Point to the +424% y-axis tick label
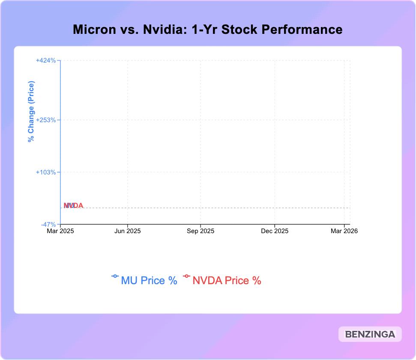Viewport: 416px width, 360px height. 46,60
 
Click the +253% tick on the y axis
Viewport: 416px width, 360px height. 46,120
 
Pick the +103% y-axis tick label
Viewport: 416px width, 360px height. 46,172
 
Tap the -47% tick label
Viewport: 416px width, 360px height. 48,225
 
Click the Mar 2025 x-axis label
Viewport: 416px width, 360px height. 60,231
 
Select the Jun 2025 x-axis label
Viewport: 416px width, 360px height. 128,231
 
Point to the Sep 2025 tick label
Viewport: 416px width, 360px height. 201,231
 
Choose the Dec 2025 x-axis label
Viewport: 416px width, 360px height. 275,231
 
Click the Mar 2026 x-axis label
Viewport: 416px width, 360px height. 344,231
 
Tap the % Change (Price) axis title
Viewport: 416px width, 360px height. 31,111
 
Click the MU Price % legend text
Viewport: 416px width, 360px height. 149,281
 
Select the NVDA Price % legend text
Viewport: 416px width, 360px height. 227,281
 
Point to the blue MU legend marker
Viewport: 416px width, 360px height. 115,276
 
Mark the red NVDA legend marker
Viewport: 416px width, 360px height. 186,276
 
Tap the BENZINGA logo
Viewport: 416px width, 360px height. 369,335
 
